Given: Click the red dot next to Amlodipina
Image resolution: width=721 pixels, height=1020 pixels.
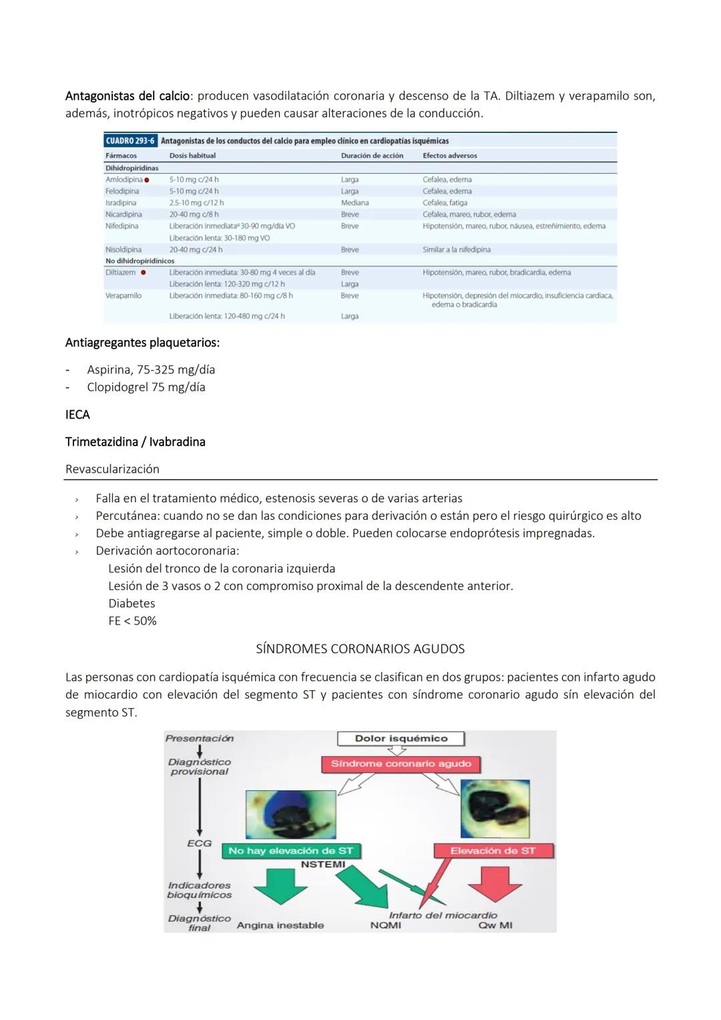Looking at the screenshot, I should point(146,180).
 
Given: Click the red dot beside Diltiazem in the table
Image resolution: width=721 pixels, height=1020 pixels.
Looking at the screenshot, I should point(143,273).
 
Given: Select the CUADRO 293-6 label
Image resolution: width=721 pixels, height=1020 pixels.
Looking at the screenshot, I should point(130,141).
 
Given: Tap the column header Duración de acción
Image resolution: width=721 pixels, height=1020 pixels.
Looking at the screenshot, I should point(372,156).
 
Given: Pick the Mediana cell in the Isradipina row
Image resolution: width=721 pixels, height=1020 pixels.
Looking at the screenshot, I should point(354,203).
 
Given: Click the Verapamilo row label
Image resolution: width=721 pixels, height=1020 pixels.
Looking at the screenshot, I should point(124,295).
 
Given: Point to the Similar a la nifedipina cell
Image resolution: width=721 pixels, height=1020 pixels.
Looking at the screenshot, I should point(456,250).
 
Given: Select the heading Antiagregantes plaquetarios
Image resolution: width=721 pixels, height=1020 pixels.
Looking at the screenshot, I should point(142,343).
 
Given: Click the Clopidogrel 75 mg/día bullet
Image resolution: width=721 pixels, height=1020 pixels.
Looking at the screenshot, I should point(146,387).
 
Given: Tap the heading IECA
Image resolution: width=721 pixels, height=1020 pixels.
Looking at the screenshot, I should point(77,415).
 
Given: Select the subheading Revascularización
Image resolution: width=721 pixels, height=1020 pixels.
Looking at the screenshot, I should point(112,469).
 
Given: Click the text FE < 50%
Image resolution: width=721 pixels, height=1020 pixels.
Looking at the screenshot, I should point(132,621).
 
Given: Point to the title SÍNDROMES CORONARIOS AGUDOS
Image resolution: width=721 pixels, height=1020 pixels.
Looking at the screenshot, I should point(360,649).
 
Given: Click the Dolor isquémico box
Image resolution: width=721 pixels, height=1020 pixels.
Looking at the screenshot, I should point(401,739).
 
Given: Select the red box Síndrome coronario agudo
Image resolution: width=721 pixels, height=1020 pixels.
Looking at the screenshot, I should point(401,763).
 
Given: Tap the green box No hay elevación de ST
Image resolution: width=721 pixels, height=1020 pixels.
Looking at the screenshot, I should point(290,851).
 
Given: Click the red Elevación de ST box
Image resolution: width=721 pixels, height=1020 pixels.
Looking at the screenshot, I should point(493,851).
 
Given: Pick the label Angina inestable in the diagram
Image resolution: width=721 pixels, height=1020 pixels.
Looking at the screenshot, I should point(280,925).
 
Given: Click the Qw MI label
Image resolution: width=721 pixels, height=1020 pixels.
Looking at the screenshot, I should point(495,925).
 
